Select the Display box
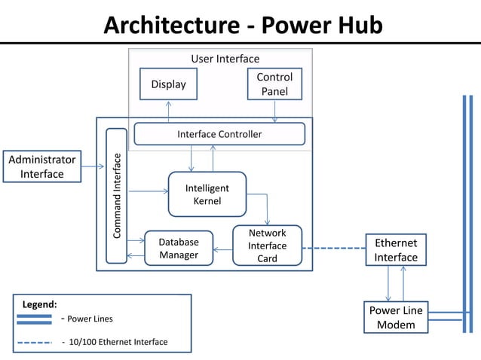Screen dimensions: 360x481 click(x=168, y=84)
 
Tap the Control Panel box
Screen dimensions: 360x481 click(x=274, y=84)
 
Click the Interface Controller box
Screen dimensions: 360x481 click(x=219, y=134)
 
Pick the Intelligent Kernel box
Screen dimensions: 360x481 click(x=207, y=194)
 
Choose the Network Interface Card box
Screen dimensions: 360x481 click(x=267, y=246)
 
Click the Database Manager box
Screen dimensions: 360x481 click(x=178, y=249)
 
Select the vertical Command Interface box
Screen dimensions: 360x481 click(x=117, y=196)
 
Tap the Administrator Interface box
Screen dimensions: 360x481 click(x=42, y=166)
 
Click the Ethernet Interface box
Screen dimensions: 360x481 click(x=396, y=249)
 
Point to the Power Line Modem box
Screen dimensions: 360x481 click(x=396, y=317)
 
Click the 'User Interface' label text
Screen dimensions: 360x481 click(x=225, y=59)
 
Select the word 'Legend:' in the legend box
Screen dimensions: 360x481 click(x=39, y=304)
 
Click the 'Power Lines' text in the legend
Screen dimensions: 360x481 click(x=90, y=319)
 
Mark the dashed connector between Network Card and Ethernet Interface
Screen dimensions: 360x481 click(x=334, y=248)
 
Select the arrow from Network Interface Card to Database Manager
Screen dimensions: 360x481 click(x=222, y=249)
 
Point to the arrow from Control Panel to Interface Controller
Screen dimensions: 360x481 click(x=274, y=111)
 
